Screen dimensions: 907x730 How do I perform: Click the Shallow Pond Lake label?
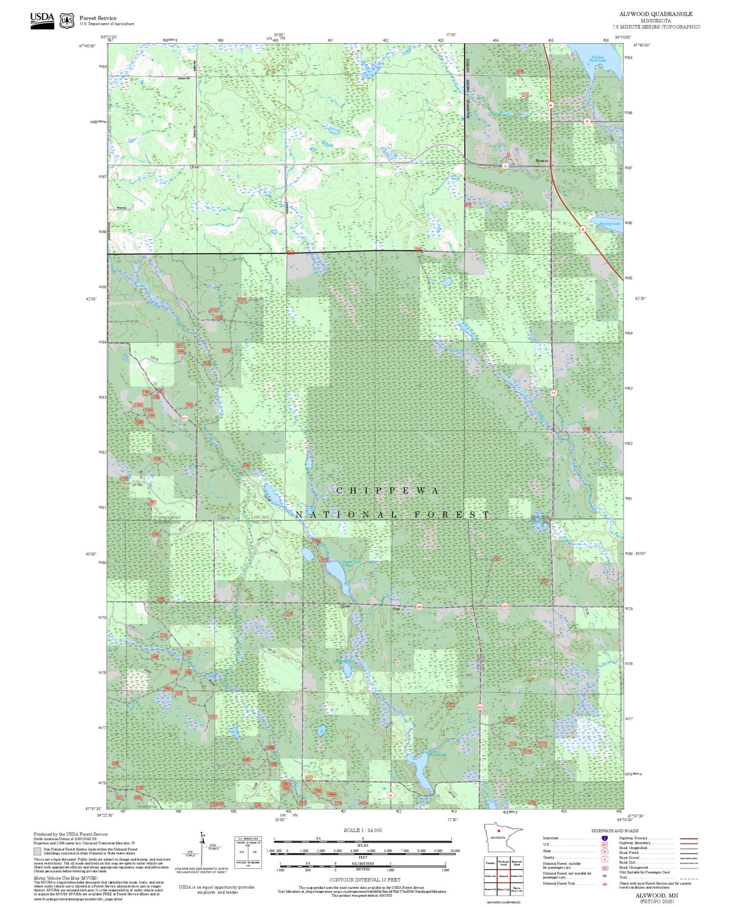(598, 59)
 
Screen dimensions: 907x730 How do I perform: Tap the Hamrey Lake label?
(609, 224)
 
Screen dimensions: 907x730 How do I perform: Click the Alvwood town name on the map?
(542, 161)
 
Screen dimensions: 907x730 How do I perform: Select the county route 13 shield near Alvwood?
(506, 167)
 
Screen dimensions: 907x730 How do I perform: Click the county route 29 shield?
(587, 121)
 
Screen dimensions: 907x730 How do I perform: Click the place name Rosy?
(396, 608)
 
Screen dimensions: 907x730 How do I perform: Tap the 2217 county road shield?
(184, 418)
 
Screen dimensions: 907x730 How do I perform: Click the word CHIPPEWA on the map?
(387, 491)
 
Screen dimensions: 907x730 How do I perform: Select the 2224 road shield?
(480, 707)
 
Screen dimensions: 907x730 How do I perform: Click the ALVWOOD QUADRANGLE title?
(656, 14)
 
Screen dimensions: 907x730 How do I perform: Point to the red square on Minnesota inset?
(499, 831)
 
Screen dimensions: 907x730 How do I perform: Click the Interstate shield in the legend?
(604, 838)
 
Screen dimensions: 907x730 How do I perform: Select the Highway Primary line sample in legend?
(687, 839)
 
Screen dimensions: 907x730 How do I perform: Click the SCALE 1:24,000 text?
(363, 830)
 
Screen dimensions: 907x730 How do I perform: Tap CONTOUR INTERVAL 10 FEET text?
(365, 880)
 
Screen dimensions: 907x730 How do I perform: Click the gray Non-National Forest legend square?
(37, 851)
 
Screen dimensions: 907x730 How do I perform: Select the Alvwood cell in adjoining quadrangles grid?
(503, 876)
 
